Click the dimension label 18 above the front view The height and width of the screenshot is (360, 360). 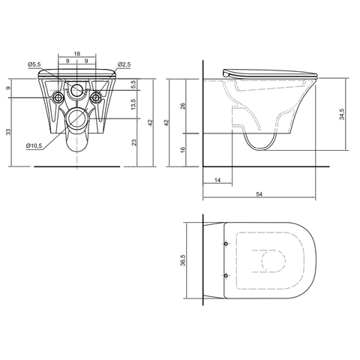click(77, 53)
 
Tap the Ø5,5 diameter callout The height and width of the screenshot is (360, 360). click(34, 64)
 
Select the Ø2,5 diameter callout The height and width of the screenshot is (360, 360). click(124, 64)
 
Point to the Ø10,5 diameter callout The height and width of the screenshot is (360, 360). click(34, 145)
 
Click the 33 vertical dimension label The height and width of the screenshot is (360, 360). click(9, 132)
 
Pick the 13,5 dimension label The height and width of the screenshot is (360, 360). click(133, 104)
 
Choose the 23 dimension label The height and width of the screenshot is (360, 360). click(134, 142)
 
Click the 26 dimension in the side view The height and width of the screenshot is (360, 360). click(183, 106)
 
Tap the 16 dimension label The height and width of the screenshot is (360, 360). click(183, 150)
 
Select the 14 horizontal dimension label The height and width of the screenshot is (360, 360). click(217, 180)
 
